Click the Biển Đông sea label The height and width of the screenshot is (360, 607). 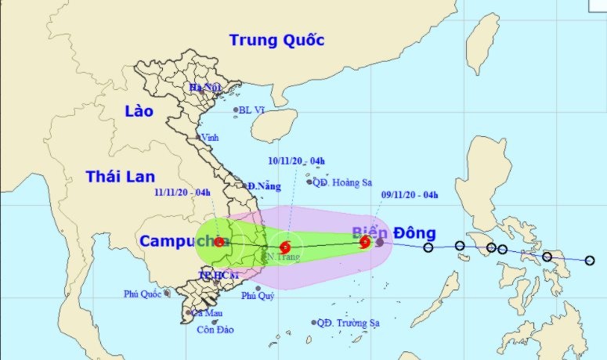[x=393, y=233]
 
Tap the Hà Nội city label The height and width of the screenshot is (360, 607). [x=206, y=88]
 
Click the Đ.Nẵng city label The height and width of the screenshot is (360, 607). [x=264, y=186]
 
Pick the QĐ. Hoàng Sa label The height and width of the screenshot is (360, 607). [x=342, y=182]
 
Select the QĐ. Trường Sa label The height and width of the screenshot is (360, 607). [x=349, y=322]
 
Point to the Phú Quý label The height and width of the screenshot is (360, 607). [x=258, y=295]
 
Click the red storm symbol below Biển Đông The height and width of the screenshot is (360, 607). [x=365, y=242]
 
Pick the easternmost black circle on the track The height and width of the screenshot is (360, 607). [x=590, y=261]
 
